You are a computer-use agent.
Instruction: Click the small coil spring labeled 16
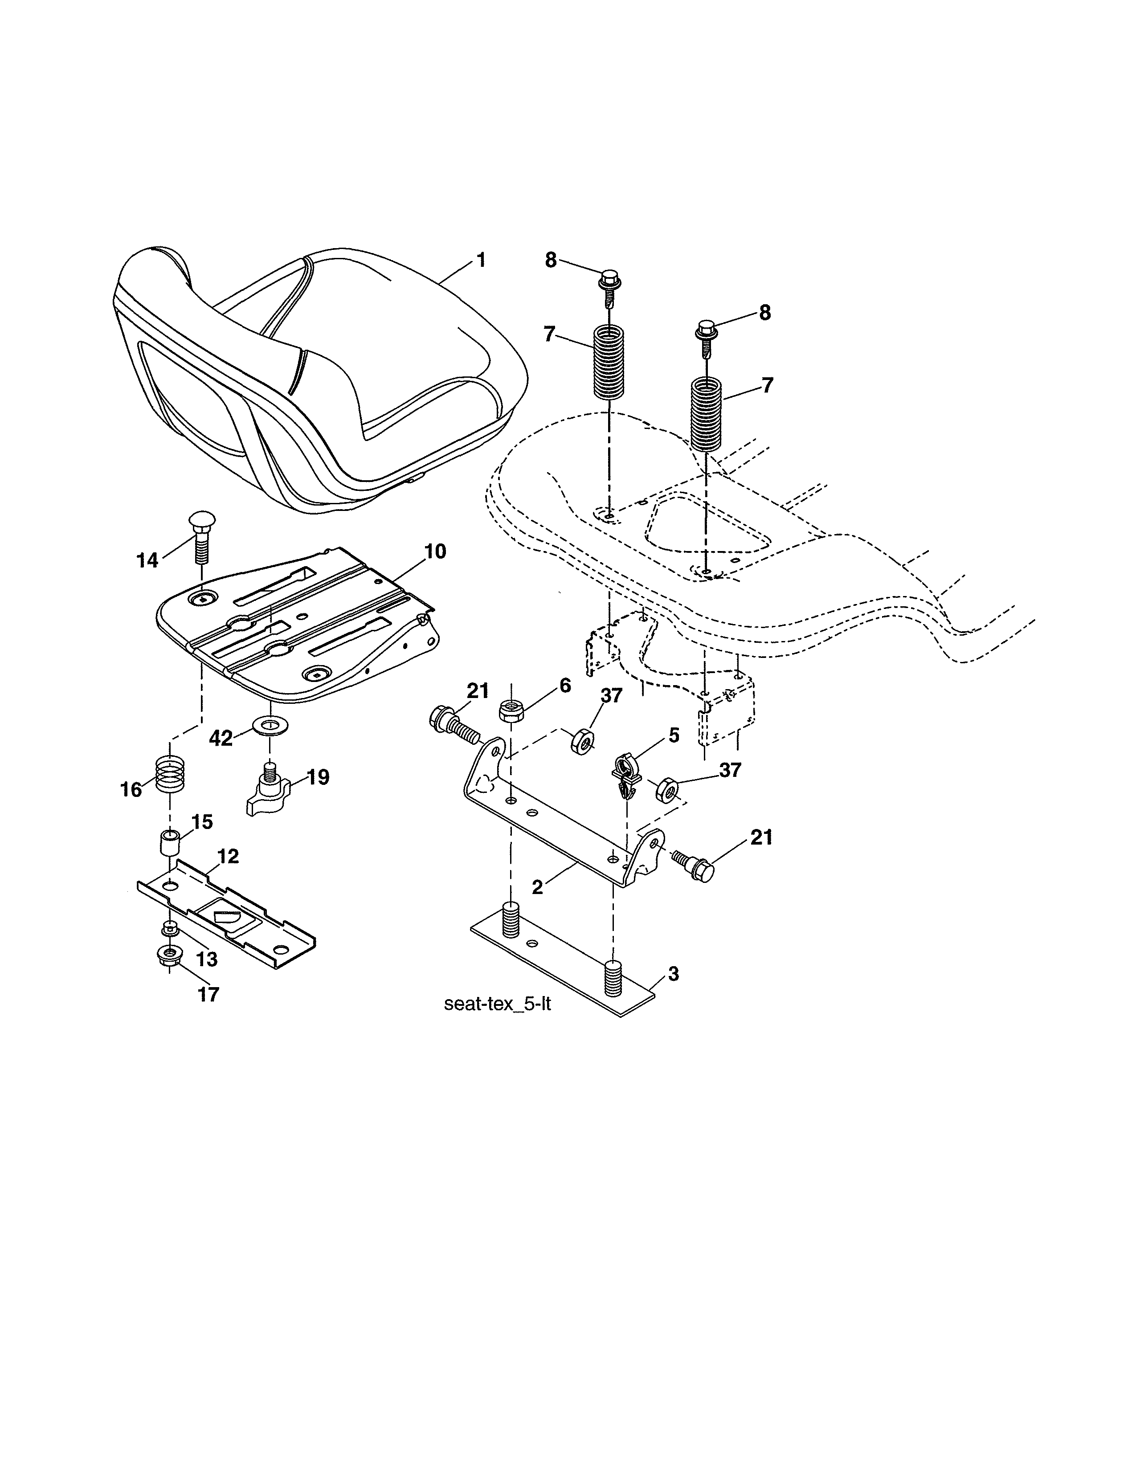tap(170, 774)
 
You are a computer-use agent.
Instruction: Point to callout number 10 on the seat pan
tap(435, 551)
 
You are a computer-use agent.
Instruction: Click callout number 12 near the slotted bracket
tap(228, 856)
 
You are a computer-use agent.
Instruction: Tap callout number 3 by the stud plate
tap(673, 973)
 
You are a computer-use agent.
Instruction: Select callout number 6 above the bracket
tap(564, 686)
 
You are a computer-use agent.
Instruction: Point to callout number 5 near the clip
tap(673, 735)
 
